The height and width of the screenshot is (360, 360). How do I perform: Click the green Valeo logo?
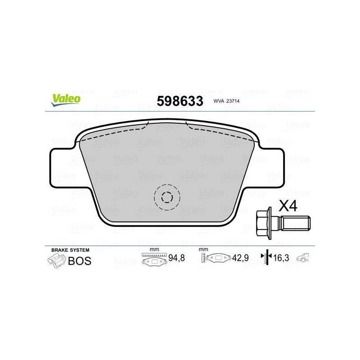pos(66,100)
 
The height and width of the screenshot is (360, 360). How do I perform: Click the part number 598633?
pos(180,101)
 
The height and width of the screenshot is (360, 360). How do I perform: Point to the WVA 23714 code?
pos(226,101)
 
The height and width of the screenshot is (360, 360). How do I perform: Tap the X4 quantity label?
pos(288,206)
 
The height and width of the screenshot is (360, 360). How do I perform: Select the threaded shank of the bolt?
pos(296,223)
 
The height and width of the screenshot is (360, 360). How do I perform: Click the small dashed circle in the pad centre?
pos(167,197)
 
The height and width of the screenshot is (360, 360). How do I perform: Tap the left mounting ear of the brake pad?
pos(62,167)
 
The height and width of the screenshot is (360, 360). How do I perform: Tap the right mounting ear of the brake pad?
pos(272,167)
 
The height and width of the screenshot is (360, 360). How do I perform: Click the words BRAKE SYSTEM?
pos(70,250)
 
